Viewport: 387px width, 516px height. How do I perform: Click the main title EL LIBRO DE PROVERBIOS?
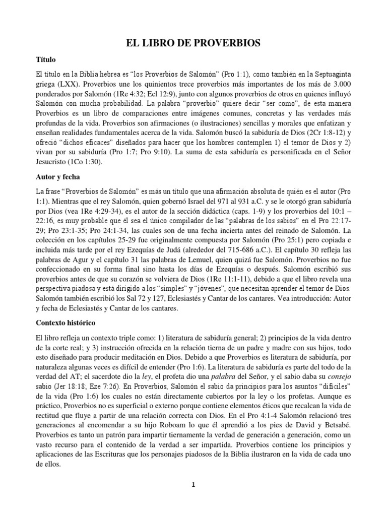pos(193,44)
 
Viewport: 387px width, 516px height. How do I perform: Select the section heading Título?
pos(48,59)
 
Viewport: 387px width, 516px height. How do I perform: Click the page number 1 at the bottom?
pos(193,485)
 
